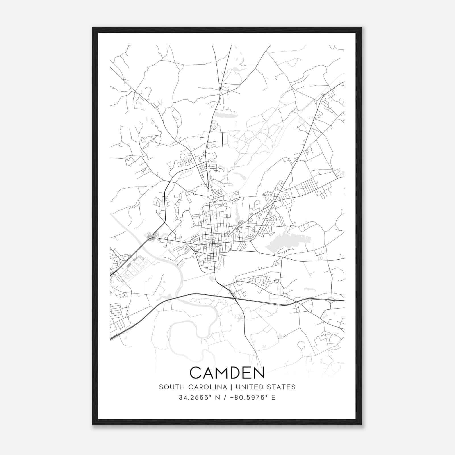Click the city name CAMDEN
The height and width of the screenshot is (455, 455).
point(227,373)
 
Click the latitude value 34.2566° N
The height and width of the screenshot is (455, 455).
point(197,398)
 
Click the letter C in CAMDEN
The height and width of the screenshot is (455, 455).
point(196,373)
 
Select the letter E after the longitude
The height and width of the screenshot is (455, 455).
point(274,398)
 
